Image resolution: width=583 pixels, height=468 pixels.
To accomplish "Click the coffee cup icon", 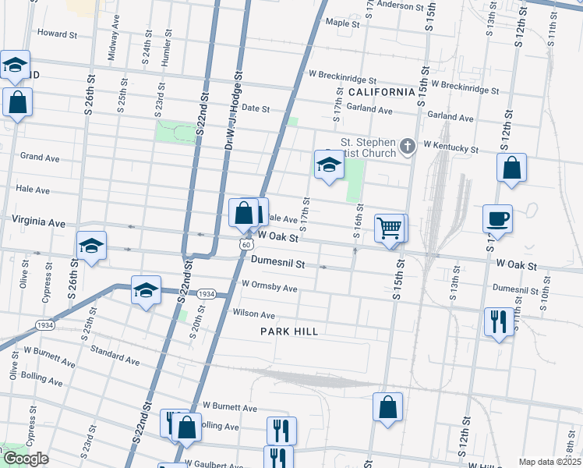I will pyautogui.click(x=497, y=218).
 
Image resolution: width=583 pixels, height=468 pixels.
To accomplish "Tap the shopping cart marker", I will pyautogui.click(x=389, y=229).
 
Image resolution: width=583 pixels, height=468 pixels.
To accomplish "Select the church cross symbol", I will pyautogui.click(x=407, y=146).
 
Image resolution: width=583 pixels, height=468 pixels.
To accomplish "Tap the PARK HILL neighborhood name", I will pyautogui.click(x=289, y=331).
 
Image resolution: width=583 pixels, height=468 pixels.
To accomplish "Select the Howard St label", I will pyautogui.click(x=58, y=34).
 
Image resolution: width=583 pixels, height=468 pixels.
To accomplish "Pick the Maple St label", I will pyautogui.click(x=342, y=23).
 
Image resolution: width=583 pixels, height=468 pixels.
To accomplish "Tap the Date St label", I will pyautogui.click(x=256, y=108).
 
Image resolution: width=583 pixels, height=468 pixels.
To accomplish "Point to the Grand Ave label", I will pyautogui.click(x=40, y=158).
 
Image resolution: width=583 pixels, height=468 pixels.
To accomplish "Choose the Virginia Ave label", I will pyautogui.click(x=38, y=222).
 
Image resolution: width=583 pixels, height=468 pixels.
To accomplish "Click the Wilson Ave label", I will pyautogui.click(x=254, y=314).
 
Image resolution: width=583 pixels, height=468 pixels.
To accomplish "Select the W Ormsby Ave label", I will pyautogui.click(x=270, y=288).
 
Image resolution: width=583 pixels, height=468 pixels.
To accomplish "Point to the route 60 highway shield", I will pyautogui.click(x=245, y=245).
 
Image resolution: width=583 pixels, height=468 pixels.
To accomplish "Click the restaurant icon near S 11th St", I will pyautogui.click(x=496, y=321).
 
